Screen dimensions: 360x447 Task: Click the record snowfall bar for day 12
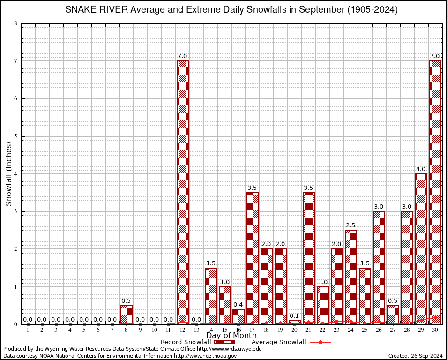(x=182, y=192)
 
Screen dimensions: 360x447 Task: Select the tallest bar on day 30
(x=435, y=192)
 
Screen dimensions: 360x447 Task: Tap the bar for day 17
(x=253, y=258)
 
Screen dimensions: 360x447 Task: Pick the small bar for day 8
(x=127, y=315)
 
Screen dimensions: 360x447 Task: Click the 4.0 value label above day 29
(x=421, y=169)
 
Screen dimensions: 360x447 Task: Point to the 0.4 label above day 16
(x=238, y=305)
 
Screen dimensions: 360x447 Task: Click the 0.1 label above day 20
(x=294, y=315)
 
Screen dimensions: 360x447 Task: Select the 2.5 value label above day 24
(x=350, y=225)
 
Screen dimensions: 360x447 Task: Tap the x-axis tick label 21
(x=308, y=330)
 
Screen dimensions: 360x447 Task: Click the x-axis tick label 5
(x=84, y=330)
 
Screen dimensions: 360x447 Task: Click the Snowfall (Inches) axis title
(x=9, y=174)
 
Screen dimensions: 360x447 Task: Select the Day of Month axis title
(x=231, y=336)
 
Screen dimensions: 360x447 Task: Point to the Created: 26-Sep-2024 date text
(x=416, y=356)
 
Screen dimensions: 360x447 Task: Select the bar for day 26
(x=379, y=267)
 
